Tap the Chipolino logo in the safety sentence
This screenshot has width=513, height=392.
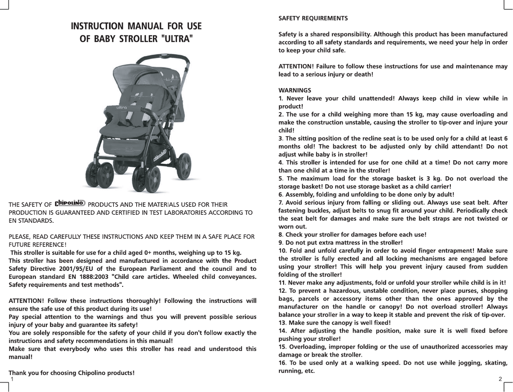point(70,203)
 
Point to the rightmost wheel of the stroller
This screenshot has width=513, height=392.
point(184,166)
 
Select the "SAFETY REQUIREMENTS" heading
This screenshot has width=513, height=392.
point(313,19)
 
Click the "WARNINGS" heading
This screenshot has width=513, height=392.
point(295,90)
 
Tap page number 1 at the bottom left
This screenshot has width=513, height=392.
point(11,378)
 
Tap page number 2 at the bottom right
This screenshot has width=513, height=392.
point(500,378)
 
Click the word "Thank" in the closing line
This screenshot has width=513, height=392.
point(19,373)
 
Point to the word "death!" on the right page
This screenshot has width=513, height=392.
point(361,74)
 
